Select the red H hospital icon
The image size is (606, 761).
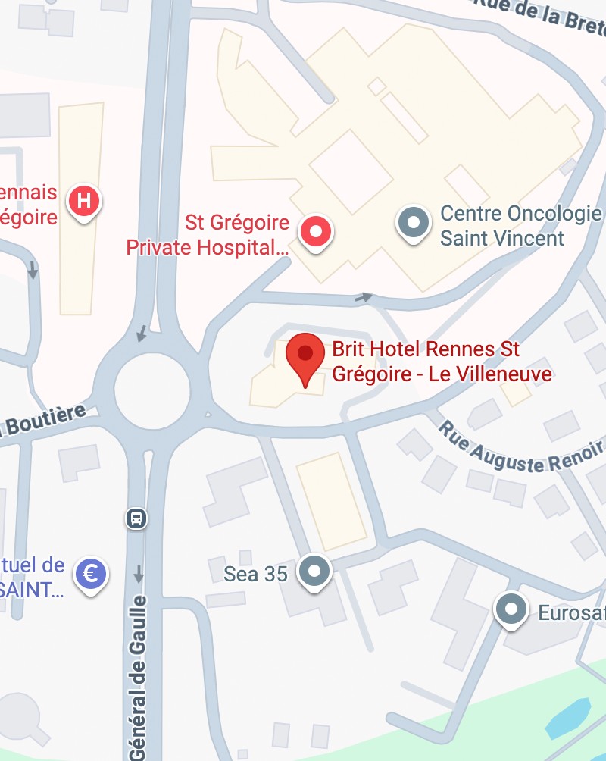(x=85, y=202)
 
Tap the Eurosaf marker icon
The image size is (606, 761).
(x=511, y=609)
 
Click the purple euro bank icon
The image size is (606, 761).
(x=91, y=573)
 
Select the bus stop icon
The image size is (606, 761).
(x=136, y=518)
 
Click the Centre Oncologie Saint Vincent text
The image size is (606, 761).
(x=502, y=226)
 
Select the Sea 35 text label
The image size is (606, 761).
(x=255, y=575)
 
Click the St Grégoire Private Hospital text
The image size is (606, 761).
(x=208, y=236)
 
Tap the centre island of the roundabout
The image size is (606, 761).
(x=151, y=389)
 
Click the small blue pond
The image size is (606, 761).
(x=569, y=717)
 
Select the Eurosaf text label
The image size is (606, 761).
(x=571, y=612)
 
